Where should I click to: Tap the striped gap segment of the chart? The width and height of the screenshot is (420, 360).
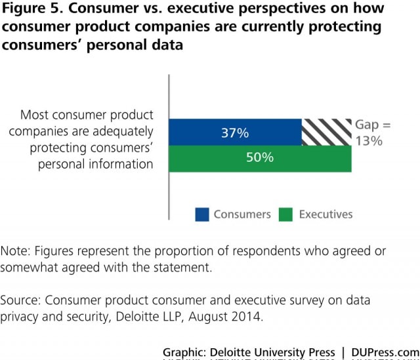pos(326,132)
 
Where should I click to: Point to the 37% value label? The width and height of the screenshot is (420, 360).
pos(234,133)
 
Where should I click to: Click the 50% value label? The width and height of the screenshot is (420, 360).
pos(260,158)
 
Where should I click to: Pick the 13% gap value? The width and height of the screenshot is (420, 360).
pos(369,140)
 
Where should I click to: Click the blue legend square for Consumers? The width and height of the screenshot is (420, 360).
pos(202,214)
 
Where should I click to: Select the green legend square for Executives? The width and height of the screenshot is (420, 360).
pos(285,214)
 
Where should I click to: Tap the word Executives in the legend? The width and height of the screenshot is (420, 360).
pos(325,214)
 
